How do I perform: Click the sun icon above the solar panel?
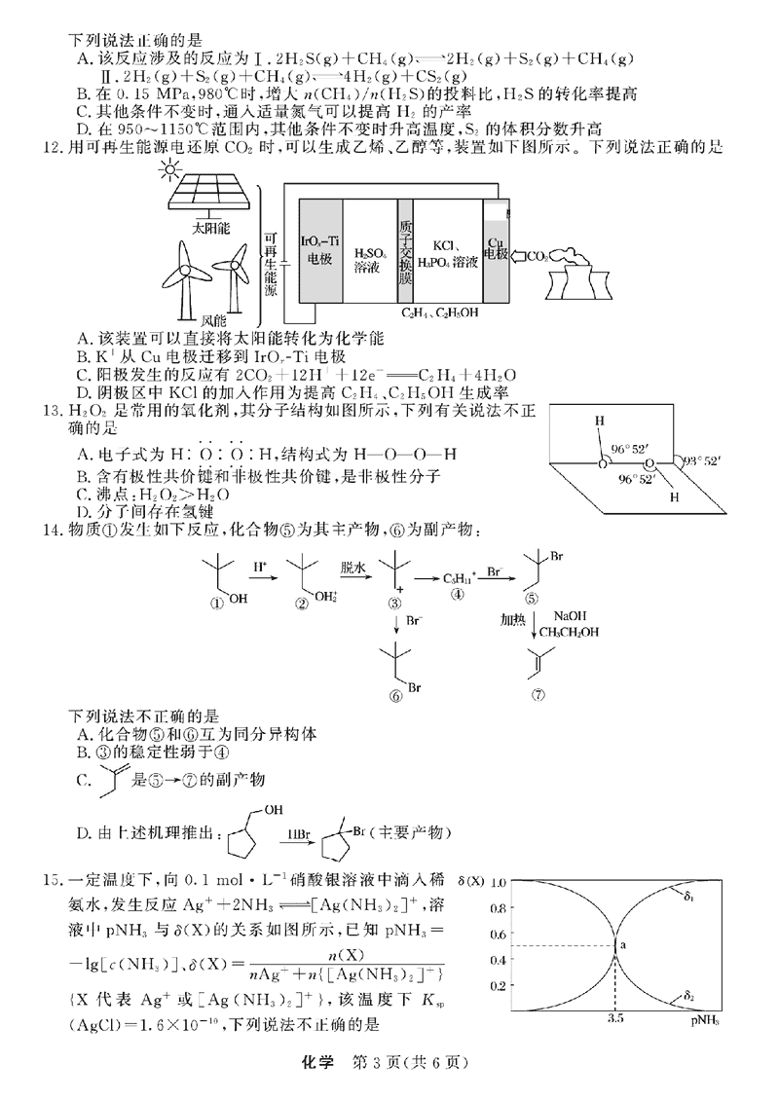(x=173, y=173)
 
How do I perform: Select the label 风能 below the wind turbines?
(x=212, y=319)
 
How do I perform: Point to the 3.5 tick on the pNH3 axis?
(x=615, y=1019)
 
